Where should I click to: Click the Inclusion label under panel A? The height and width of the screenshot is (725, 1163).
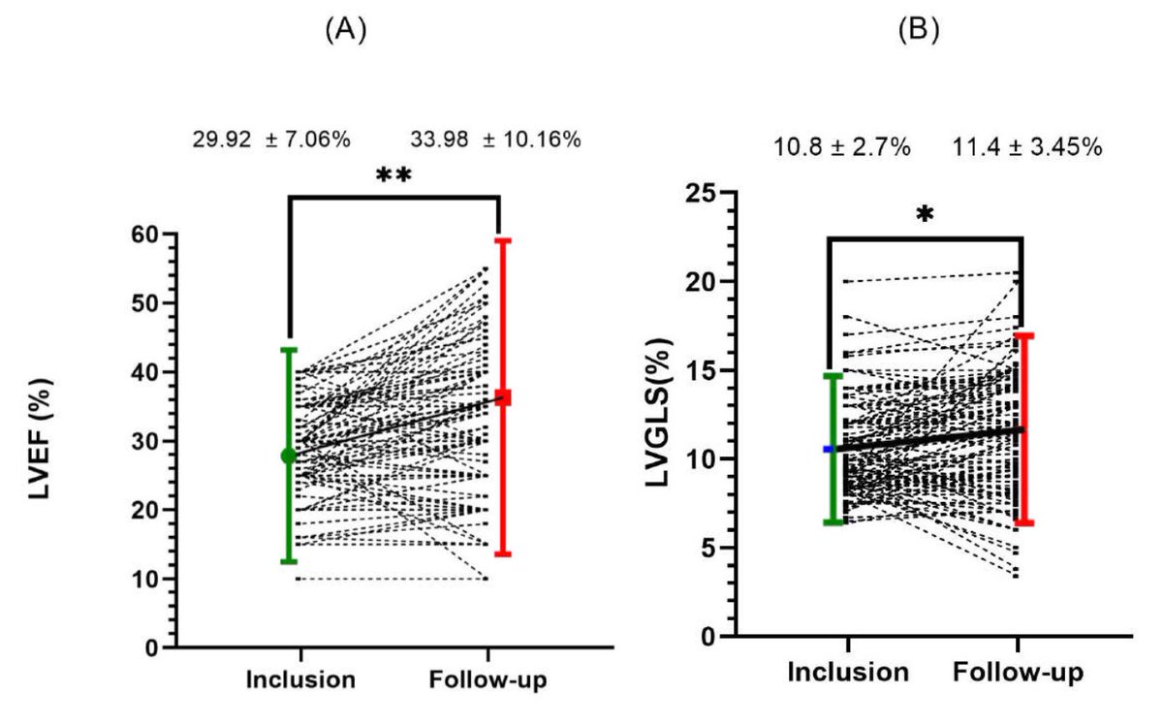tap(299, 680)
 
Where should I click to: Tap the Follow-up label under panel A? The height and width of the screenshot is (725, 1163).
tap(487, 680)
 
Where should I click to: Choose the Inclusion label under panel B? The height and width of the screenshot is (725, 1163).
tap(848, 672)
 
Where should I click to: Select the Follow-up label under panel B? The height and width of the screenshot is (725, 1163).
tap(1018, 672)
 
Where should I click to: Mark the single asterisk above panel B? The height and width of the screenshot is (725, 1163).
tap(925, 215)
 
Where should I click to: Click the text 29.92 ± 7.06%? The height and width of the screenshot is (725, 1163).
tap(271, 140)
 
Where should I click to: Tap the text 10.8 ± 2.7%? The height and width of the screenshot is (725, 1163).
tap(841, 148)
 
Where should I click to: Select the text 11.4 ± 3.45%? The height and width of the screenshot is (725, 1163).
tap(1026, 148)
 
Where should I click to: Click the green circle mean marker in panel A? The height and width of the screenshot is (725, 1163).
tap(289, 456)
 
